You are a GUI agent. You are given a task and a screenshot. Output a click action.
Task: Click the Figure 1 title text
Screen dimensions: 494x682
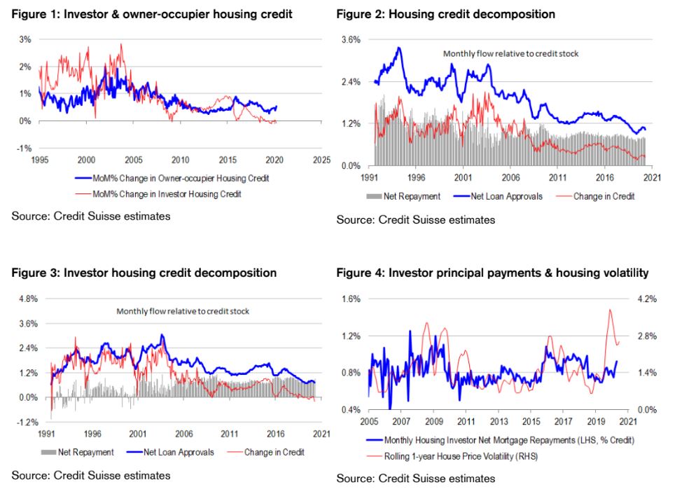pos(151,14)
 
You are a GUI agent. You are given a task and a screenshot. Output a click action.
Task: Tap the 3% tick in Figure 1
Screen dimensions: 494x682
pos(25,39)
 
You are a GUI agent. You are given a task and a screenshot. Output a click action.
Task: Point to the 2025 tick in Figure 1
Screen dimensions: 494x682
pos(321,159)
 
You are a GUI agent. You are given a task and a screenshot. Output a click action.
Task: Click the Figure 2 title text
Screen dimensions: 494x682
pos(445,14)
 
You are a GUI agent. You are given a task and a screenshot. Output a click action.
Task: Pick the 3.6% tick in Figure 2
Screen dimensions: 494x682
pos(351,40)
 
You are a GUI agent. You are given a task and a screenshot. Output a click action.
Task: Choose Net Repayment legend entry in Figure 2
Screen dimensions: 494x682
pos(412,196)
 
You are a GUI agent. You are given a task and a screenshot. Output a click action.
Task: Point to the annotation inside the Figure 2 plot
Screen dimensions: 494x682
pos(510,53)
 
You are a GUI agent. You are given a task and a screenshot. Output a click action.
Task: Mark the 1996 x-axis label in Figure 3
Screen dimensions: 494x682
pos(93,434)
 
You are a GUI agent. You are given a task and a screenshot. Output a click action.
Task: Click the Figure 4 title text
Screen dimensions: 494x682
pos(492,273)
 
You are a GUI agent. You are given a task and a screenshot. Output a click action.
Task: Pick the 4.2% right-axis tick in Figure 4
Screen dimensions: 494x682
pos(647,299)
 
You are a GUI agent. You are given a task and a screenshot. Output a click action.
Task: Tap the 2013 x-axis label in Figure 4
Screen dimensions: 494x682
pos(499,422)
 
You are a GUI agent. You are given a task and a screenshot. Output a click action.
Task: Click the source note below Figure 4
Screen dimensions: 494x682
pos(415,479)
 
